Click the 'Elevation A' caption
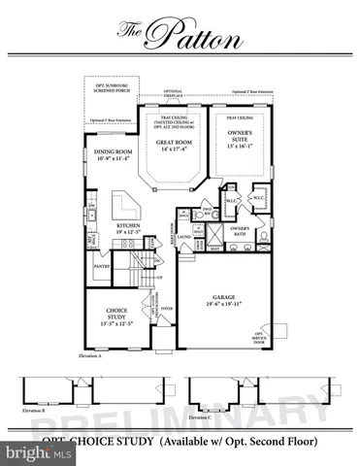89,357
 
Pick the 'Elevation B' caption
34,413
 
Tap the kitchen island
125,205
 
